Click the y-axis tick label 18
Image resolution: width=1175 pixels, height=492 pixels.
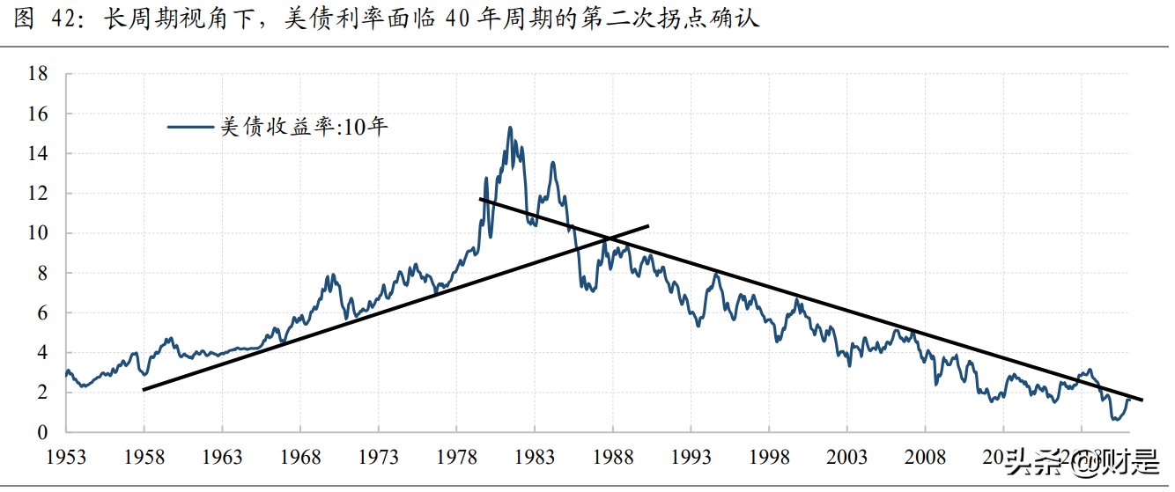coord(37,74)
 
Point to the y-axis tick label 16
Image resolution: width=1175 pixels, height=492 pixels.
coord(37,114)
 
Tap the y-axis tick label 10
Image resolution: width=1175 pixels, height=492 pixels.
coord(37,233)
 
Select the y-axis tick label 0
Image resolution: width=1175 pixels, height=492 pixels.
coord(41,432)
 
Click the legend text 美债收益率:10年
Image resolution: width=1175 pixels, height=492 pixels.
coord(304,128)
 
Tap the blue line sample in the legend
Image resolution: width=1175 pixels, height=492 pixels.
coord(189,128)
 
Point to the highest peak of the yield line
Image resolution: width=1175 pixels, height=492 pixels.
coord(510,128)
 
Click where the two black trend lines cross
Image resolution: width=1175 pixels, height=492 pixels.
coord(608,238)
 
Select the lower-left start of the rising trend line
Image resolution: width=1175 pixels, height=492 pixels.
coord(144,389)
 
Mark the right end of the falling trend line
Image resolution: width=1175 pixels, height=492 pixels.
coord(1142,400)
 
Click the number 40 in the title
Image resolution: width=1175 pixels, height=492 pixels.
coord(459,19)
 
